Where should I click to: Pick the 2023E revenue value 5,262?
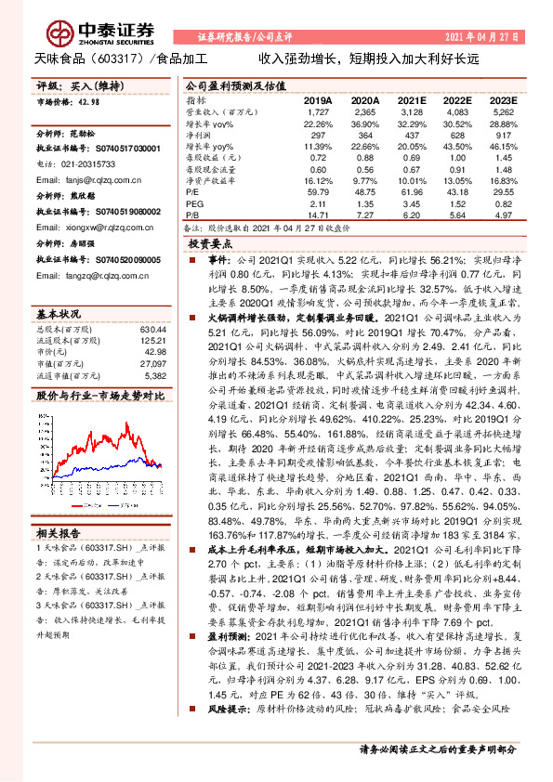pyautogui.click(x=503, y=111)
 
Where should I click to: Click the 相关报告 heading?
pyautogui.click(x=58, y=533)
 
